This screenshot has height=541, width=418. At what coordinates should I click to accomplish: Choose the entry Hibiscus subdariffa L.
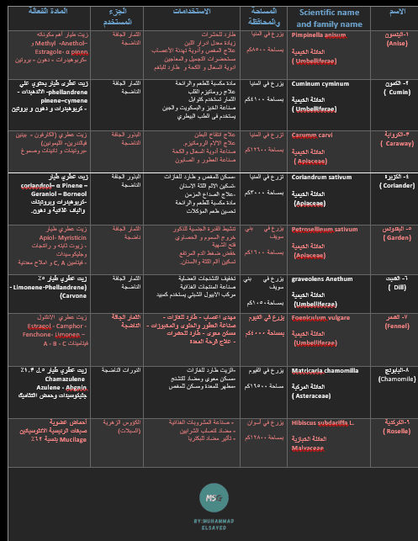point(322,422)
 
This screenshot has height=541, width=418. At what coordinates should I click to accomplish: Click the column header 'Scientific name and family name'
point(328,18)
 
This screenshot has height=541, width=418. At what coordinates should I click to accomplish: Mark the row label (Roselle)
point(395,432)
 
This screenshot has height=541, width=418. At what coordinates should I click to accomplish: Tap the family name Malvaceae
point(307,448)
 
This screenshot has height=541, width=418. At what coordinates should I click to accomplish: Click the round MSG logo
point(214,496)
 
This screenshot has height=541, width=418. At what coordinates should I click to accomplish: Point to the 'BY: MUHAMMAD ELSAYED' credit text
point(214,523)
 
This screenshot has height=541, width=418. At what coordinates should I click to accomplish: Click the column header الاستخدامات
point(192,12)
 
